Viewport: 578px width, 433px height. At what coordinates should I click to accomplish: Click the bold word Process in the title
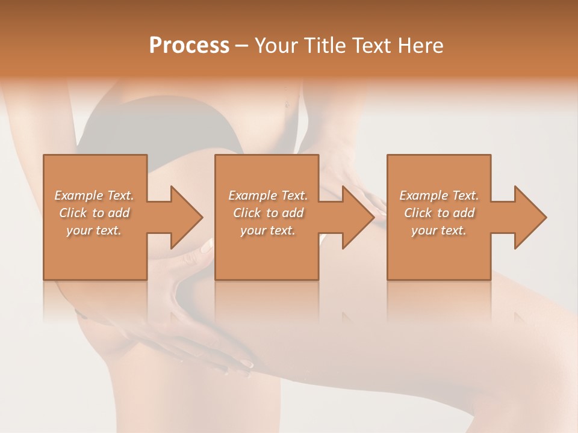[x=189, y=46]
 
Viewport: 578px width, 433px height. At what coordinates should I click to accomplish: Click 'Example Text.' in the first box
[x=94, y=195]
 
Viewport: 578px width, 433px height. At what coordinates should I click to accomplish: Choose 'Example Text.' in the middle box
[x=268, y=195]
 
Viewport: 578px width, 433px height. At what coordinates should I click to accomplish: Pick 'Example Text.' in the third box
[x=439, y=195]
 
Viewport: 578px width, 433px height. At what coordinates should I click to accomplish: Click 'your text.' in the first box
[x=94, y=230]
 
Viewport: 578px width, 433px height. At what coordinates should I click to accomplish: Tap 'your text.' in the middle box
[x=268, y=230]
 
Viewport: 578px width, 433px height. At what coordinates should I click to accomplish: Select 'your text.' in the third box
[x=439, y=230]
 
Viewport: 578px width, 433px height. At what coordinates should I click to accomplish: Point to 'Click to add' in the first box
[x=94, y=213]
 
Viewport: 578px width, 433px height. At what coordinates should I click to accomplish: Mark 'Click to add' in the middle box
[x=268, y=213]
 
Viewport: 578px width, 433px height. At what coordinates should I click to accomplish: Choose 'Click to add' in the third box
[x=439, y=213]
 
